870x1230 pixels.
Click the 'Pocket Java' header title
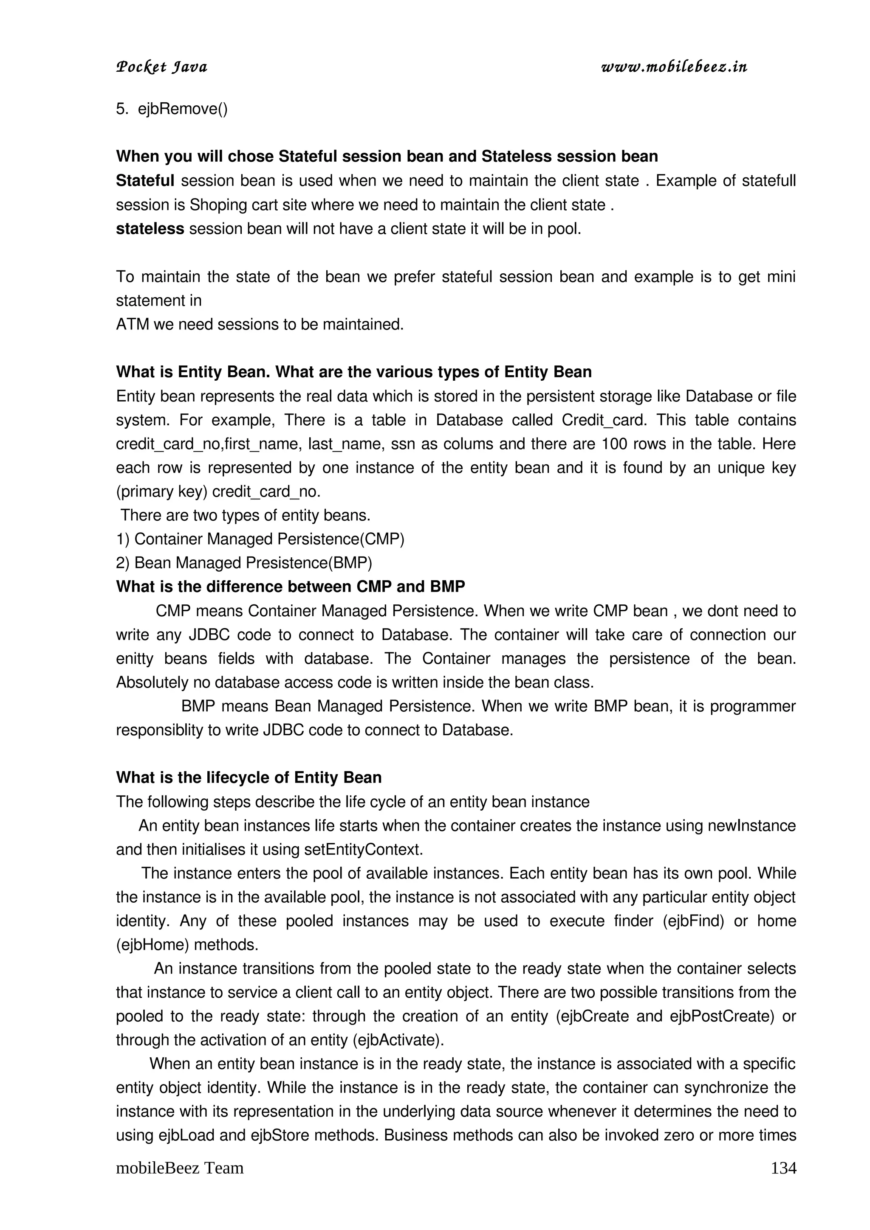pos(161,67)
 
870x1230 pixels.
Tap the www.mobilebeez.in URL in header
pos(674,67)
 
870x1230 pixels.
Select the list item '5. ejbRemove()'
pos(172,109)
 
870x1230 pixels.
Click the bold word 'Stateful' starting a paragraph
pos(145,181)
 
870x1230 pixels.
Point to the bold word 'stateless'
pos(150,229)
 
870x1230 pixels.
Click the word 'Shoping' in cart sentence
pos(217,205)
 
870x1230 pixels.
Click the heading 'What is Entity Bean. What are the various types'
pos(354,372)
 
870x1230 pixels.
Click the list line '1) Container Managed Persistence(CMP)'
pos(260,539)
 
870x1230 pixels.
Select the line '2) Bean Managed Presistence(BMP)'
pos(244,563)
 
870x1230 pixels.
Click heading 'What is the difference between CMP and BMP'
pos(291,587)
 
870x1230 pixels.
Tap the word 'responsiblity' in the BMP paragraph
pos(159,731)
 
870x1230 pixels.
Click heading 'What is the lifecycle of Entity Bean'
pos(249,778)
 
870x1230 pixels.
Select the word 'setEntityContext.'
pos(364,850)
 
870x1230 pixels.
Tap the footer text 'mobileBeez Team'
pos(180,1168)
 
